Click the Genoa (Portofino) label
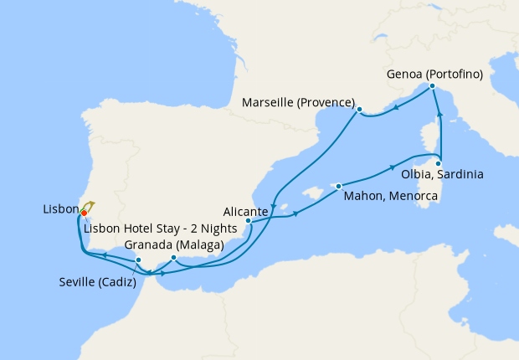[435, 75]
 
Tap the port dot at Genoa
[432, 86]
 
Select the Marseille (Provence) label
[298, 103]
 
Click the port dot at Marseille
[359, 110]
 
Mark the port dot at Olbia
[439, 163]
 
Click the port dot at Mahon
[339, 186]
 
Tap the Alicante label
[246, 212]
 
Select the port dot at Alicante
[249, 221]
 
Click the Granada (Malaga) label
[172, 245]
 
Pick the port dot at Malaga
[173, 258]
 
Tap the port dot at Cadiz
[138, 260]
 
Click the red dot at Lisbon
[84, 213]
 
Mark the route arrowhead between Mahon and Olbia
[392, 167]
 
